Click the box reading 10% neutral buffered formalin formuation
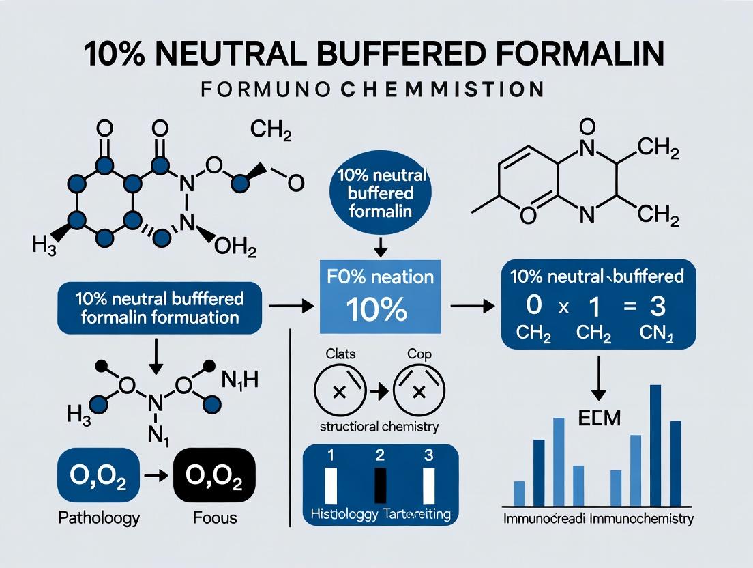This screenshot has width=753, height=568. pos(158,309)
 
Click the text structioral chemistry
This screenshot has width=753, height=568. pos(379,427)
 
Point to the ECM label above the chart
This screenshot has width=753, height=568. pos(599,418)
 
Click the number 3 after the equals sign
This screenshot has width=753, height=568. pos(657,307)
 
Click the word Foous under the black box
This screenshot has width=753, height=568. pos(214,517)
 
